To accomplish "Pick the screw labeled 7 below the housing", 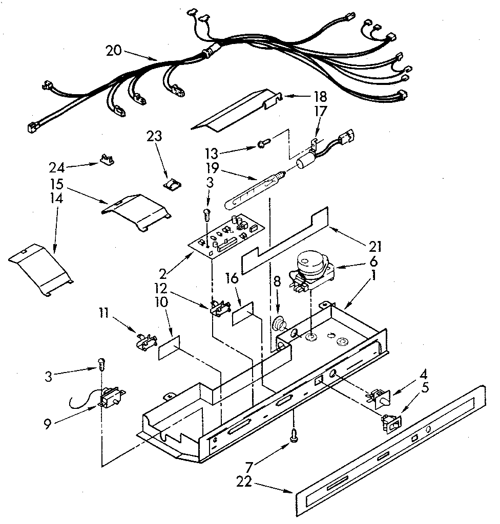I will [294, 434].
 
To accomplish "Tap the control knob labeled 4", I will [380, 396].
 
